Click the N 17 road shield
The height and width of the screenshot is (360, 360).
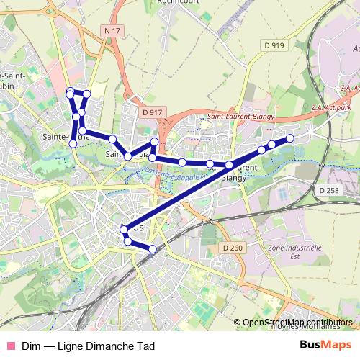pos(110,30)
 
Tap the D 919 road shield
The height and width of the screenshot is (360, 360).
pos(274,45)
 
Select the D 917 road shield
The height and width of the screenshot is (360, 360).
pos(153,113)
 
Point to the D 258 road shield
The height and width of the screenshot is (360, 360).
pos(328,190)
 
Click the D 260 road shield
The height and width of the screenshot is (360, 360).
pos(234,247)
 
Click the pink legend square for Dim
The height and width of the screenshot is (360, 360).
pos(9,346)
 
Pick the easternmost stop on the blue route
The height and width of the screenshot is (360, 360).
pos(290,138)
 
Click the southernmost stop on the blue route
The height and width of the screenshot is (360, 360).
pos(153,249)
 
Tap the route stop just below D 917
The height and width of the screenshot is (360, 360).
pos(154,142)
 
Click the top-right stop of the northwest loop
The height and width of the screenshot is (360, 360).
pos(86,94)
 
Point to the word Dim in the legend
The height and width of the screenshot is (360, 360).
pos(30,346)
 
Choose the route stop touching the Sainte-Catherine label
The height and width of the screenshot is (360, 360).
pos(73,144)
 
